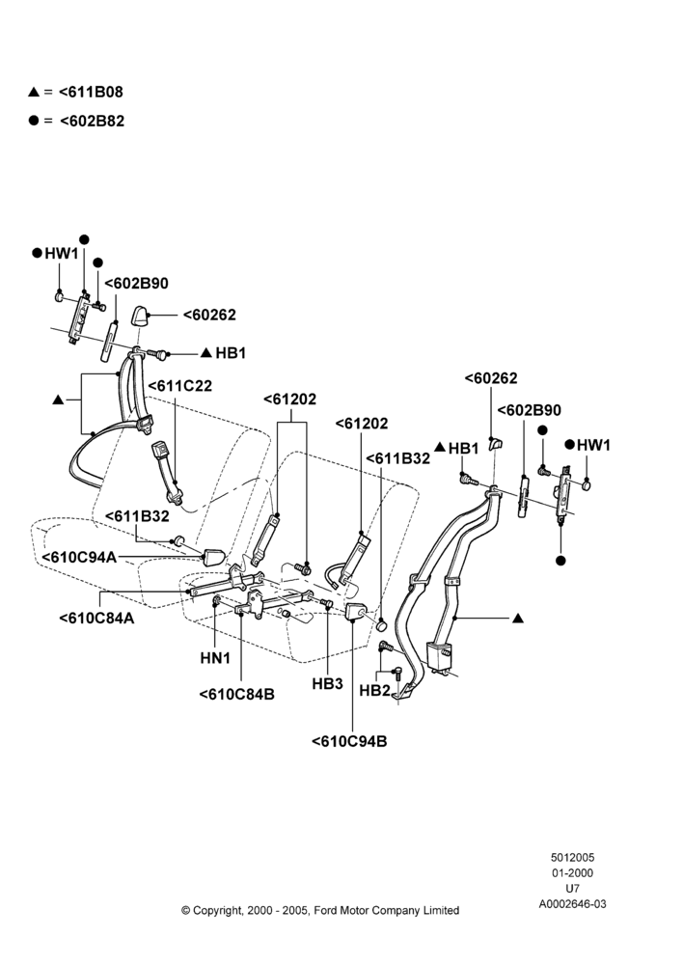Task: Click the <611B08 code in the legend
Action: tap(91, 92)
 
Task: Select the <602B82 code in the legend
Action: tap(92, 121)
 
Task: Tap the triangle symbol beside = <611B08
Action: tap(34, 93)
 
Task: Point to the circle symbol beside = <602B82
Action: tap(34, 120)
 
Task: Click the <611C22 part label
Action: tap(179, 386)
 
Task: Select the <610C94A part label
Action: tap(79, 557)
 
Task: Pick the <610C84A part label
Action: tap(96, 618)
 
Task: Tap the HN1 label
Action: tap(215, 658)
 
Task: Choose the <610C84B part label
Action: tap(237, 694)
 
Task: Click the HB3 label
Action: tap(327, 684)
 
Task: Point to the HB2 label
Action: tap(374, 691)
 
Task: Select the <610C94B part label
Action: tap(349, 741)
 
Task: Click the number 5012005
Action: tap(572, 857)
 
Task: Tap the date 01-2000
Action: tap(572, 872)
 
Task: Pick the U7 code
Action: tap(572, 888)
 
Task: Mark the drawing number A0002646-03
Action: tap(572, 904)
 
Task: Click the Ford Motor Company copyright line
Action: tap(320, 910)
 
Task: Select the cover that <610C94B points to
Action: tap(356, 613)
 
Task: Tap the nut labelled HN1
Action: tap(217, 600)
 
